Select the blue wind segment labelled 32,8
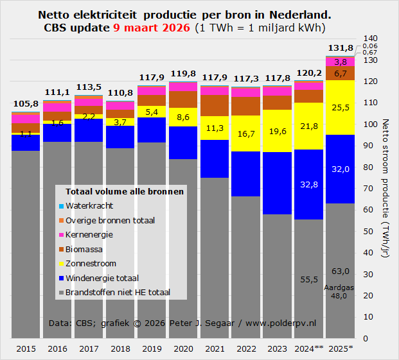(309, 184)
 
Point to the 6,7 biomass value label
(341, 73)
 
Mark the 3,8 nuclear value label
(341, 62)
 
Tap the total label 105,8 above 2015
(26, 103)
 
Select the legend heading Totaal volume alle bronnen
(124, 191)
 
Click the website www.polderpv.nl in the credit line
(286, 322)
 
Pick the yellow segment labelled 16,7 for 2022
(246, 133)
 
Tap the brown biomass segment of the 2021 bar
(215, 106)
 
